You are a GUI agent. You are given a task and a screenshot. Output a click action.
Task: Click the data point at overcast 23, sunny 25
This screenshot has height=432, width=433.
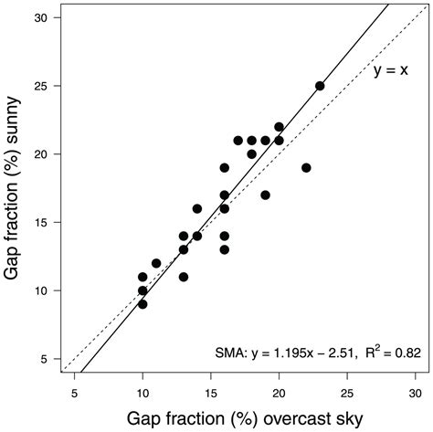320,86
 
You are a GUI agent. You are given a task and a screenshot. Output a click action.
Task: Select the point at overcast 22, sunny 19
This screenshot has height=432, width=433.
306,168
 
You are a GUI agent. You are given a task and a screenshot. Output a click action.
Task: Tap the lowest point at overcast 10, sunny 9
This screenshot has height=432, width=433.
143,304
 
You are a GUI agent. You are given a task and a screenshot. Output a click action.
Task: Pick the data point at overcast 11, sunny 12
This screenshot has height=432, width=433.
156,263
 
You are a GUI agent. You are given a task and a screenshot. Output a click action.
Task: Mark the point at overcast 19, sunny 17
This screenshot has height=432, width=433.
265,195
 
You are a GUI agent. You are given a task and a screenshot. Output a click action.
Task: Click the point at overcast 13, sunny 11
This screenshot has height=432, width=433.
184,277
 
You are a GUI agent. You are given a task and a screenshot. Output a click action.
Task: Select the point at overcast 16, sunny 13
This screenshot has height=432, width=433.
224,249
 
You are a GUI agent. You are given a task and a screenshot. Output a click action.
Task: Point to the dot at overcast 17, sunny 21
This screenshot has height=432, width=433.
238,141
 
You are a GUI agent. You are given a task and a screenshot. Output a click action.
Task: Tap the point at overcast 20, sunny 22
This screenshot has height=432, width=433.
279,127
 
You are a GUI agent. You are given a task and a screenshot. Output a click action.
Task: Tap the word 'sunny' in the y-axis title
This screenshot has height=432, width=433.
14,148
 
